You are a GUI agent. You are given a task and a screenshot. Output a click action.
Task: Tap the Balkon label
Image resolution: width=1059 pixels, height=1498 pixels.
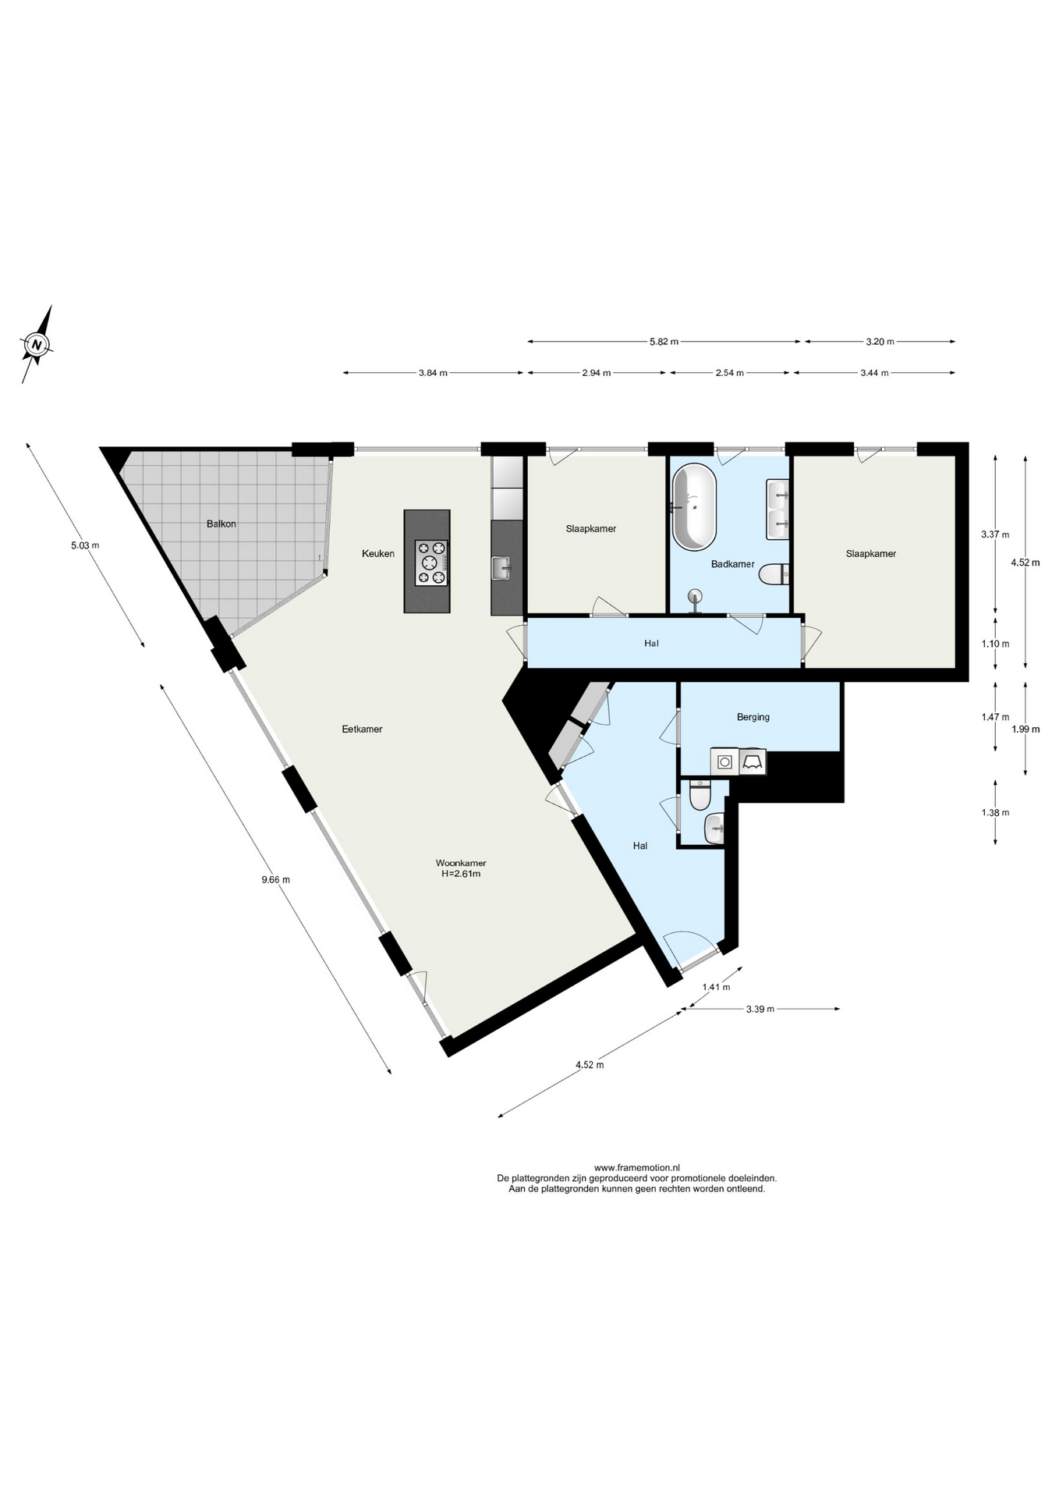[221, 524]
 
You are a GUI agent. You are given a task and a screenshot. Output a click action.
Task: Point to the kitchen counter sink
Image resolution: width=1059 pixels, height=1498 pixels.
[500, 567]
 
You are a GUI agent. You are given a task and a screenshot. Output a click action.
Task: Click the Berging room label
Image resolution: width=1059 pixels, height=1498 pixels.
[753, 716]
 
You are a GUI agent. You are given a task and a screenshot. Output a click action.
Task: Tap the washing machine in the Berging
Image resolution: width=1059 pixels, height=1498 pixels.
[724, 761]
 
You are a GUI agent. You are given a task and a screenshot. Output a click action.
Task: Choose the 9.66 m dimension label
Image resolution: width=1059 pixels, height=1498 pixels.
[276, 879]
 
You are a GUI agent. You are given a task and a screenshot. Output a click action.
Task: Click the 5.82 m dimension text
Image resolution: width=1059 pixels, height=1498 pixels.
[664, 341]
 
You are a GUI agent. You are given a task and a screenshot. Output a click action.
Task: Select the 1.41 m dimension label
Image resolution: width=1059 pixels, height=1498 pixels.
[716, 987]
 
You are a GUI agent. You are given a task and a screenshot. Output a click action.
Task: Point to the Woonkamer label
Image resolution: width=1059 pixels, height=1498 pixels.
[461, 863]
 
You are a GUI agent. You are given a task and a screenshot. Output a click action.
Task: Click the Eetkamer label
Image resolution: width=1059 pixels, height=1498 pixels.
[363, 729]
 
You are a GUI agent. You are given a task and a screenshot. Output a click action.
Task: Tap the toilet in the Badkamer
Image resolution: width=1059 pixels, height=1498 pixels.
[774, 574]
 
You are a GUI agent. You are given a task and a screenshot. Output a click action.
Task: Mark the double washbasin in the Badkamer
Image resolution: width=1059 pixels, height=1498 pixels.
[778, 510]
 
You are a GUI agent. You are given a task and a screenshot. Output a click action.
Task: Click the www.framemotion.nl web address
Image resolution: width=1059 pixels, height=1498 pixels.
[637, 1168]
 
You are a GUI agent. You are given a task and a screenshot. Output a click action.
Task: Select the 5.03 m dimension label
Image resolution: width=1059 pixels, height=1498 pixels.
[85, 545]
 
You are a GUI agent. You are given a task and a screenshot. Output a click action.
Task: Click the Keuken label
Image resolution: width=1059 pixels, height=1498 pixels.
[378, 553]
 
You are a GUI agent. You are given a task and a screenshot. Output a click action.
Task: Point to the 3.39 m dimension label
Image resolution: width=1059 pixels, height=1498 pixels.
[760, 1009]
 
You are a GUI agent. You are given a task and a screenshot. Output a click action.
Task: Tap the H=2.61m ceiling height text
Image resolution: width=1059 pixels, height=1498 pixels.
[461, 874]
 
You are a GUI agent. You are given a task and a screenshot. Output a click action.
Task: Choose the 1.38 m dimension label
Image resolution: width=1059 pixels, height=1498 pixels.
[995, 812]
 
